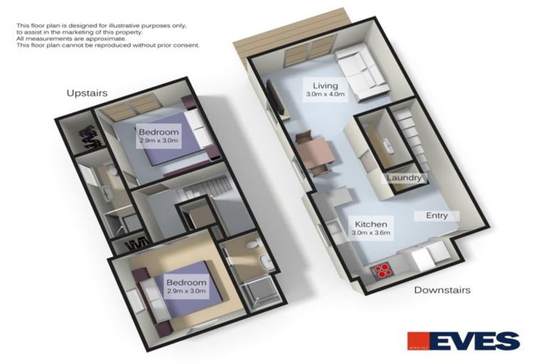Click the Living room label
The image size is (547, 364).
[324, 85]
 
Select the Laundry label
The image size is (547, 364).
[403, 178]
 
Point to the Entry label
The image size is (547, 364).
[437, 215]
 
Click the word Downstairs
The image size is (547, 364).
[443, 290]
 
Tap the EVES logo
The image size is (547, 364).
[462, 341]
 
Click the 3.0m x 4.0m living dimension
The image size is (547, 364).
[325, 95]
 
